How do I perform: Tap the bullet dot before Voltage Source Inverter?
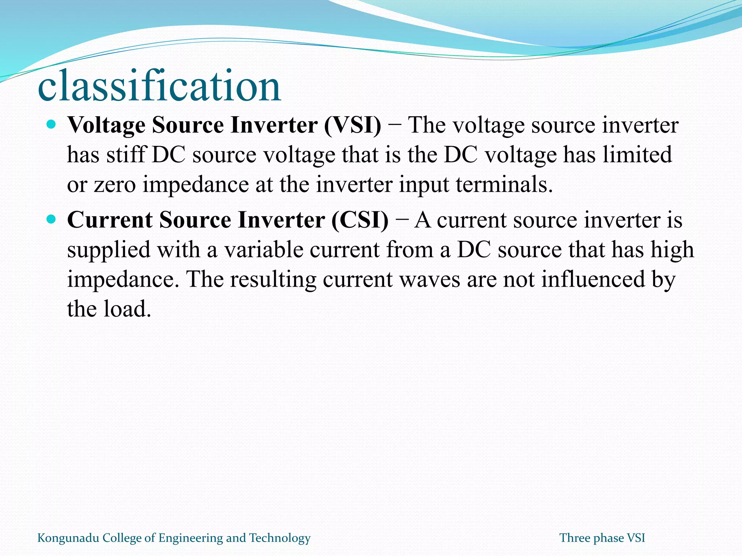51,125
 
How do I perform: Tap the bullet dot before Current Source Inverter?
51,219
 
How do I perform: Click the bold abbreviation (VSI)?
353,125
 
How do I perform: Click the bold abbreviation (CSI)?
359,220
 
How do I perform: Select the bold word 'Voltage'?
107,125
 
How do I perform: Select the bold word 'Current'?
110,220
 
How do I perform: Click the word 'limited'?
637,155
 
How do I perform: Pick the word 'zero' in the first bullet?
115,185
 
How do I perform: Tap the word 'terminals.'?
504,185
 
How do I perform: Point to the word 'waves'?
428,279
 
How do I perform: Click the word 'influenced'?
593,279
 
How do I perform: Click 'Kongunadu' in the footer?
68,538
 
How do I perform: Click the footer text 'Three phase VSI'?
602,538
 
